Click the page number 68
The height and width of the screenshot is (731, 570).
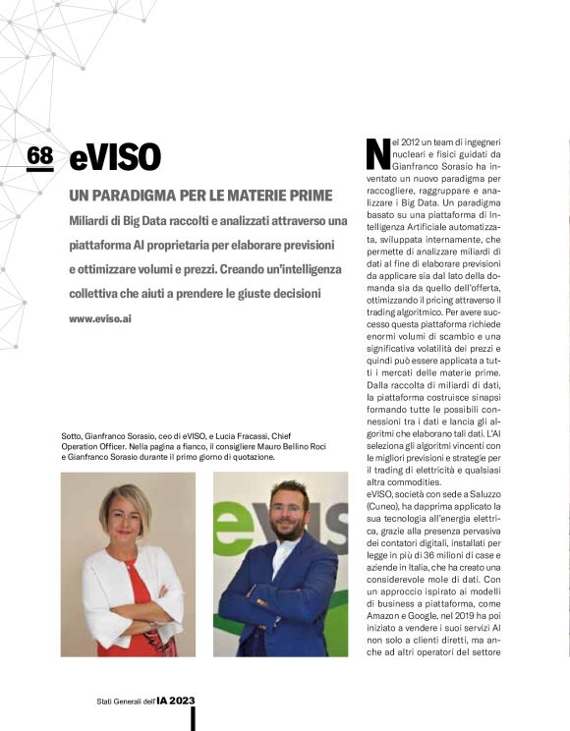coord(40,155)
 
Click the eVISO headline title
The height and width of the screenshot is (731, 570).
coord(115,157)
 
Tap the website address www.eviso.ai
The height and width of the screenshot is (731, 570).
coord(100,319)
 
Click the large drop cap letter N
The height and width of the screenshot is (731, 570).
coord(376,154)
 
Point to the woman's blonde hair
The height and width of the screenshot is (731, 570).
coord(125,502)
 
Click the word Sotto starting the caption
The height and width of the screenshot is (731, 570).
coord(74,436)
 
